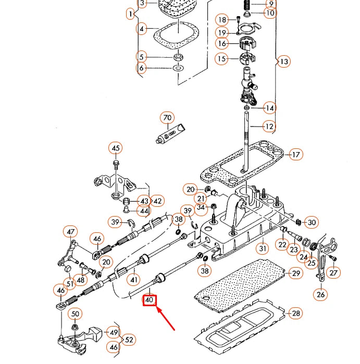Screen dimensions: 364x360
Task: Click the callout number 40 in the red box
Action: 150,300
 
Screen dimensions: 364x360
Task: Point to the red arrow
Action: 167,319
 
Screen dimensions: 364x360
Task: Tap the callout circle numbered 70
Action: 167,118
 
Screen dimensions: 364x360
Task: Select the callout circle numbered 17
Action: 295,155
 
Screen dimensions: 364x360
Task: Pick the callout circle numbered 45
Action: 116,148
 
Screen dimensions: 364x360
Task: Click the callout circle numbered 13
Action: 283,61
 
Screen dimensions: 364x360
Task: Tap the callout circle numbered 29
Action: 295,273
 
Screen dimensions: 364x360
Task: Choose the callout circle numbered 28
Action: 295,313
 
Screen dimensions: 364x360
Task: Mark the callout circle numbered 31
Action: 263,248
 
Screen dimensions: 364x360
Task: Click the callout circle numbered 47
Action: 70,232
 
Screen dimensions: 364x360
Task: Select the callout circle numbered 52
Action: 129,340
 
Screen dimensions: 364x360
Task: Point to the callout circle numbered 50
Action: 76,313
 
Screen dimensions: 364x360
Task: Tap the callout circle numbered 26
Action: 320,294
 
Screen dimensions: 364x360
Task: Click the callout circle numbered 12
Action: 269,126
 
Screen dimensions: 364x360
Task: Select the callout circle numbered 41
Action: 134,280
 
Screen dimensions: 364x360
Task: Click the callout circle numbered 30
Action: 311,222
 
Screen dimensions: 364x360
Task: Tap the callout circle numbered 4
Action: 142,29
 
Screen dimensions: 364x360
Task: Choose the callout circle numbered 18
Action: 222,20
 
